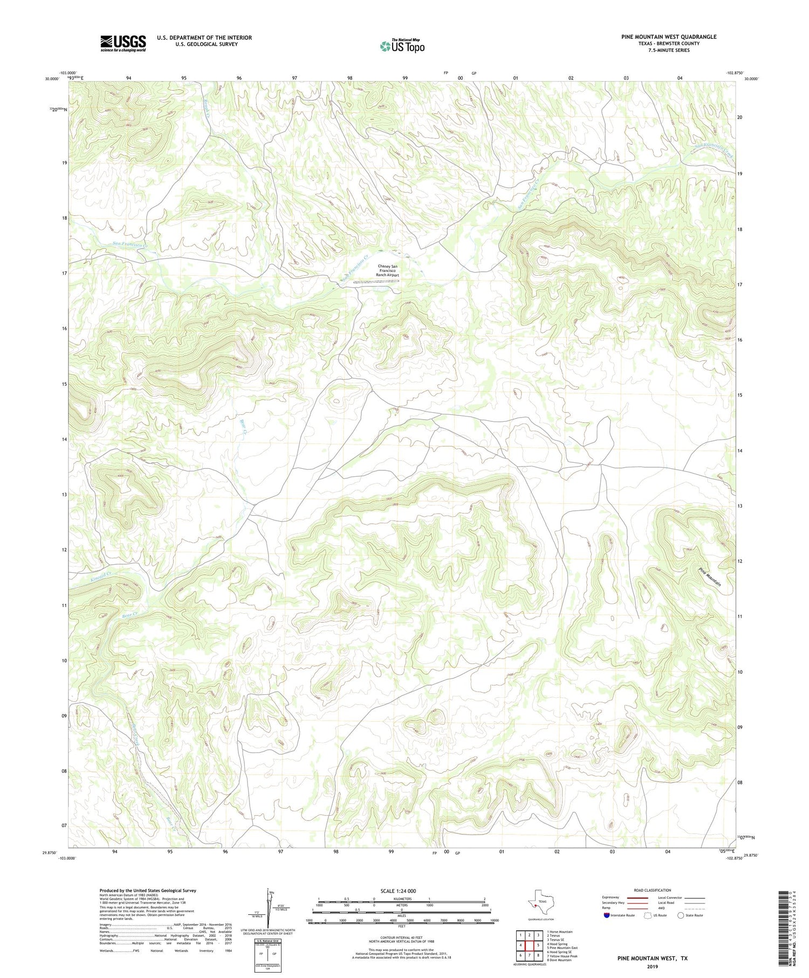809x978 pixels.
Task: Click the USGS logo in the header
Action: click(x=123, y=43)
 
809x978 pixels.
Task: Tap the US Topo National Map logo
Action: click(x=401, y=46)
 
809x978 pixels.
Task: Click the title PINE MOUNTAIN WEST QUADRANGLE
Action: click(x=668, y=37)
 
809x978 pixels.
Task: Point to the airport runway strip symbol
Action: click(x=376, y=281)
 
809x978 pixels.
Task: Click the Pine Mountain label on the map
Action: click(x=710, y=577)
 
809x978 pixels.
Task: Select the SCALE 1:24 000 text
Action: click(x=399, y=891)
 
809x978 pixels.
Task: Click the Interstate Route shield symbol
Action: click(x=607, y=915)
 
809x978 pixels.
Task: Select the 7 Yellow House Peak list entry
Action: click(x=562, y=956)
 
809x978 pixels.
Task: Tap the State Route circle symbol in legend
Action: click(x=681, y=915)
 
